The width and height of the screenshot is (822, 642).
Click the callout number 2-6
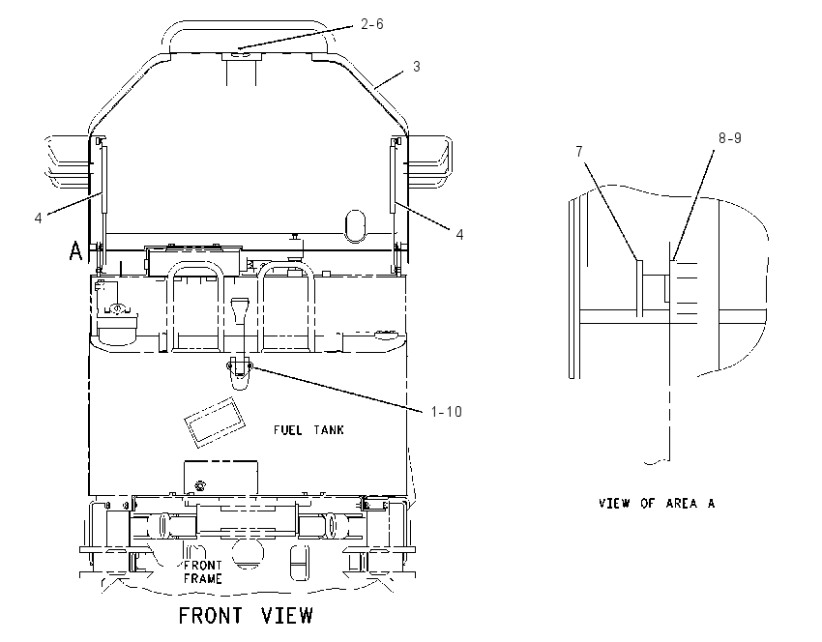pyautogui.click(x=372, y=24)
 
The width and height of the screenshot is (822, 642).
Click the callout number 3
pyautogui.click(x=416, y=67)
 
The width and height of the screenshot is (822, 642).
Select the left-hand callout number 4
pyautogui.click(x=38, y=218)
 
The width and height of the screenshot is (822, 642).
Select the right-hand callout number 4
pyautogui.click(x=459, y=234)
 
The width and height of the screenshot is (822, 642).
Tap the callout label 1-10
pyautogui.click(x=447, y=412)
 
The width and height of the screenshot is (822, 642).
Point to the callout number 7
pyautogui.click(x=578, y=152)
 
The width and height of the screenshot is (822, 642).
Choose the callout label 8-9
pyautogui.click(x=730, y=138)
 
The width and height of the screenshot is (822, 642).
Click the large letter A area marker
pyautogui.click(x=75, y=250)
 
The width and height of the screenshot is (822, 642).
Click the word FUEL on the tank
pyautogui.click(x=288, y=429)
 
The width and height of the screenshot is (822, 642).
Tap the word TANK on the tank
pyautogui.click(x=329, y=429)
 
